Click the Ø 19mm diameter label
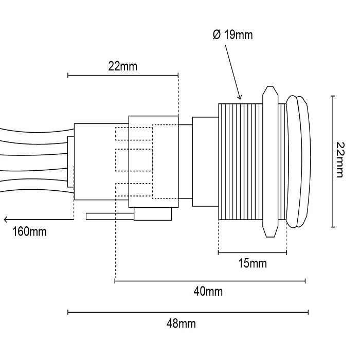pyautogui.click(x=232, y=35)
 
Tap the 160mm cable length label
pyautogui.click(x=29, y=231)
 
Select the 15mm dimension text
pyautogui.click(x=253, y=264)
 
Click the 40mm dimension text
pyautogui.click(x=208, y=292)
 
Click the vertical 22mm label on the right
pyautogui.click(x=339, y=160)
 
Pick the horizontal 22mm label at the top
pyautogui.click(x=123, y=66)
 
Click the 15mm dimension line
pyautogui.click(x=252, y=253)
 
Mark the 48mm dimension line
pyautogui.click(x=188, y=312)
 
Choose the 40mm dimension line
pyautogui.click(x=210, y=281)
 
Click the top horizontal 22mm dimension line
pyautogui.click(x=123, y=76)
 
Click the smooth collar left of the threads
pyautogui.click(x=205, y=161)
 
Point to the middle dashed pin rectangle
pyautogui.click(x=133, y=160)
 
